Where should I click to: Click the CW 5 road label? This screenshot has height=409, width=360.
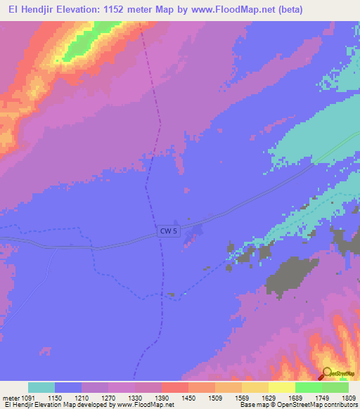[167, 231]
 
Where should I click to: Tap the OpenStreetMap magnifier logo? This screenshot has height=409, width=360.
[327, 373]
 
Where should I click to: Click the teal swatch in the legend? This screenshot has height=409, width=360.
[41, 387]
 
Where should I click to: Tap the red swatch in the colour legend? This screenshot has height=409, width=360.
[175, 387]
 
